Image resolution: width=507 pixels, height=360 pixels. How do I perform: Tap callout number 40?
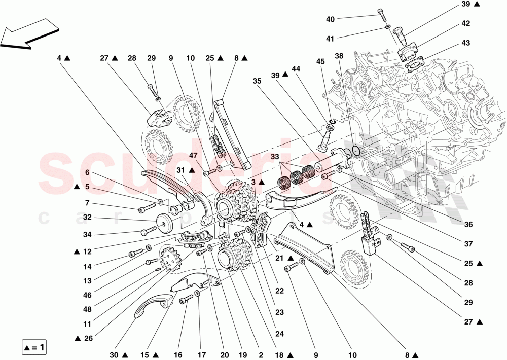[x=330, y=19]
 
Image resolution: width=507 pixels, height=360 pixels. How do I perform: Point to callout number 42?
[x=465, y=23]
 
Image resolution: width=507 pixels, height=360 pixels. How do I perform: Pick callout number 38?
[x=339, y=56]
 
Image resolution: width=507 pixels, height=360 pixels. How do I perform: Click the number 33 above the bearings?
[x=275, y=157]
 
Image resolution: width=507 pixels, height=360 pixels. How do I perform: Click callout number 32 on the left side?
[x=87, y=218]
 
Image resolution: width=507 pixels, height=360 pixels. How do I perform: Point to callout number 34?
[x=87, y=234]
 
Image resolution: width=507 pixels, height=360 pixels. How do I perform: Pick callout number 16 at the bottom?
[x=177, y=355]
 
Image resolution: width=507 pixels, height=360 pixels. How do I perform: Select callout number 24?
[x=280, y=334]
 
